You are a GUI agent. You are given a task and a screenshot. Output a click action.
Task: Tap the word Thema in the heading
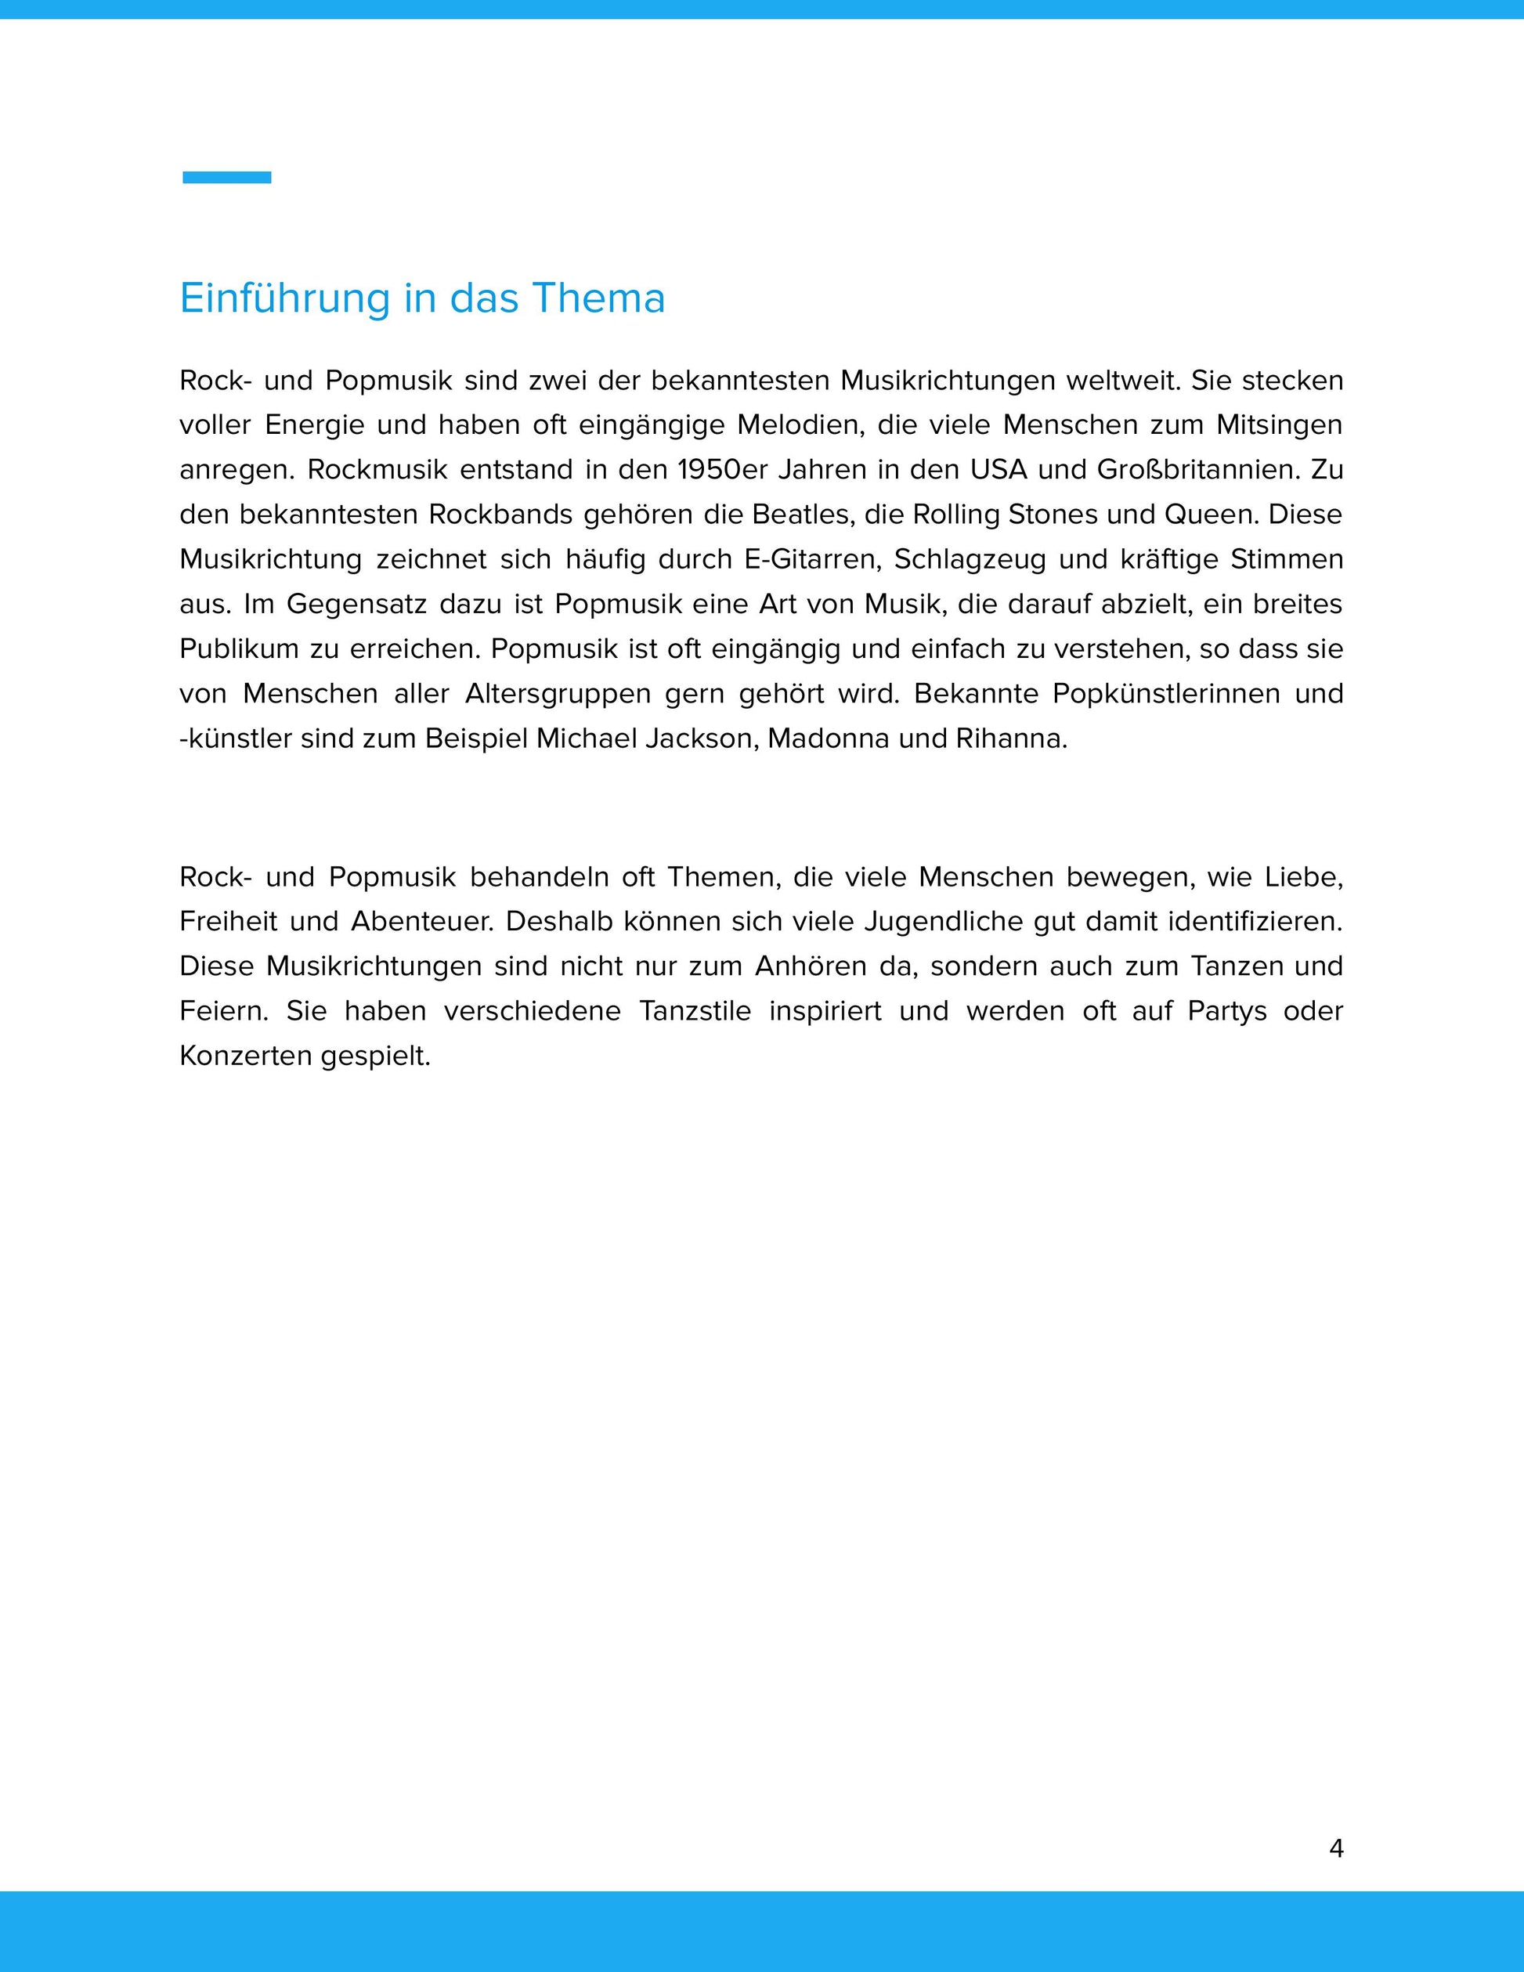click(x=598, y=299)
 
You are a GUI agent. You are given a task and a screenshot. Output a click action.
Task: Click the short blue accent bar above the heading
click(x=226, y=178)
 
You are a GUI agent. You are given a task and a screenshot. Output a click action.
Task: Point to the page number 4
click(x=1336, y=1848)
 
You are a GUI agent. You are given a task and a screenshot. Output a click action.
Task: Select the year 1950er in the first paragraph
click(x=721, y=471)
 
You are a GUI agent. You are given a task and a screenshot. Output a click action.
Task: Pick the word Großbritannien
click(x=1197, y=471)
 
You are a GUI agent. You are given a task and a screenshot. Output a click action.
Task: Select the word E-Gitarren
click(x=810, y=560)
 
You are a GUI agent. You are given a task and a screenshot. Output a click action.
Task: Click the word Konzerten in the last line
click(x=246, y=1056)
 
